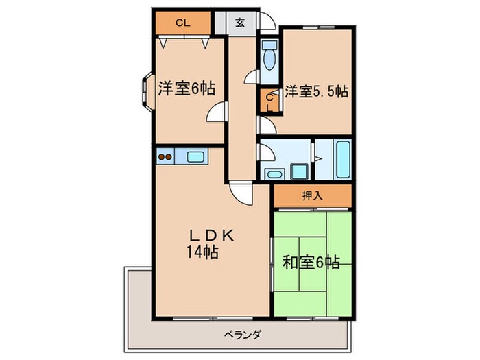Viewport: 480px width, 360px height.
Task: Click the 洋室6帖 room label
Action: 187,88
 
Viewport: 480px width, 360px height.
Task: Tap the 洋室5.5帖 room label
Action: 316,91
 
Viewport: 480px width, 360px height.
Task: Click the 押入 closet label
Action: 313,195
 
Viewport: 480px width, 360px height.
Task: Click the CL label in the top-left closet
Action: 182,23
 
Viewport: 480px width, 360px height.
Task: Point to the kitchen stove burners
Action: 165,157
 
